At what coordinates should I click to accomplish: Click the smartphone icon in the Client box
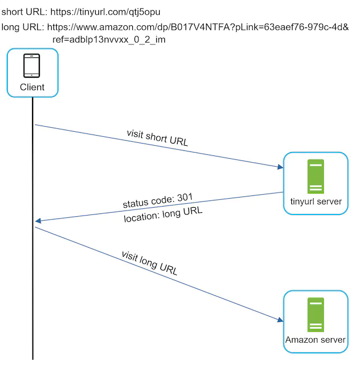point(31,66)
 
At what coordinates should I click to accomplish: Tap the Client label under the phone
point(32,87)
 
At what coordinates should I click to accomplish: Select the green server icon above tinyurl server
point(315,176)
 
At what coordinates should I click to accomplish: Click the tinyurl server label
point(316,202)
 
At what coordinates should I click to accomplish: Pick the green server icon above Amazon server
point(315,315)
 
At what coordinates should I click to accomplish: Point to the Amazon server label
point(316,340)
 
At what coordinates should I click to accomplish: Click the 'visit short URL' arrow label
point(157,137)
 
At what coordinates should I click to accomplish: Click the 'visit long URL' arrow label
point(150,262)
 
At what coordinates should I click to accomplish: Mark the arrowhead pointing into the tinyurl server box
point(280,167)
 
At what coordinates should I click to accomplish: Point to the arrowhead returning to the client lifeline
point(38,221)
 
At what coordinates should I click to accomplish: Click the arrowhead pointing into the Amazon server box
point(280,320)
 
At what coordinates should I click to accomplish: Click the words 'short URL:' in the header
point(24,11)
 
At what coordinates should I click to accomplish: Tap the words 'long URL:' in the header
point(23,27)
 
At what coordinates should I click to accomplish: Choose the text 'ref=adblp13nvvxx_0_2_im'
point(109,40)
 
